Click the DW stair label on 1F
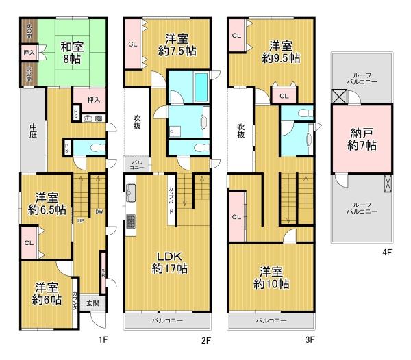[99, 211]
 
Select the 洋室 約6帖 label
[46, 292]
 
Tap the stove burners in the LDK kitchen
[129, 222]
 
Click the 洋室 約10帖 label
[273, 277]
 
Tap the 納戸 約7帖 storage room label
[360, 138]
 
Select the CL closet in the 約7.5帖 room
[132, 45]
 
